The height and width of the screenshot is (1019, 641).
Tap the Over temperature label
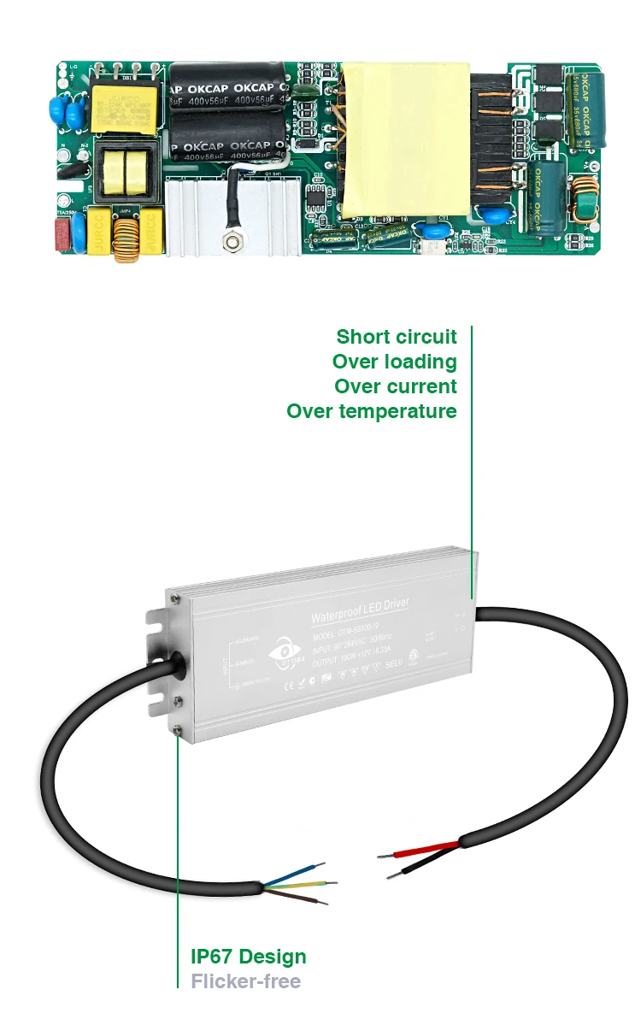371,411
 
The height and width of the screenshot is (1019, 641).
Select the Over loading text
394,362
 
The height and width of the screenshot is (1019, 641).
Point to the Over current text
395,386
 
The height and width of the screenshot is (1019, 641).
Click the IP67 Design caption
248,957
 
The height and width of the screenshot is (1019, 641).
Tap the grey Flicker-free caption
245,981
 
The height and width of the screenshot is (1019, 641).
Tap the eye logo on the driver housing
285,651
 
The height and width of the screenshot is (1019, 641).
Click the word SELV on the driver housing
394,664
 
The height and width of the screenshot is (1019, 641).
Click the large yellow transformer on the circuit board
407,138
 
